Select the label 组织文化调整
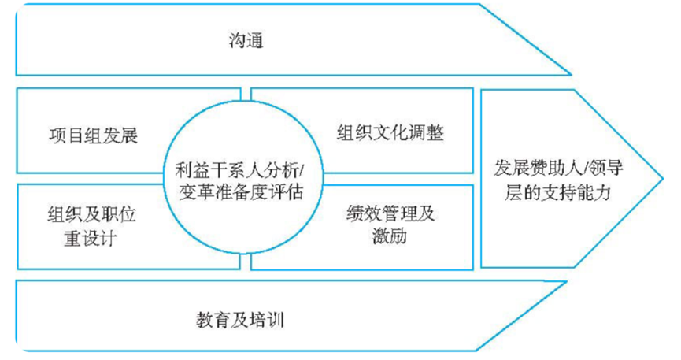(390, 132)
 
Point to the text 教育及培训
(240, 320)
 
